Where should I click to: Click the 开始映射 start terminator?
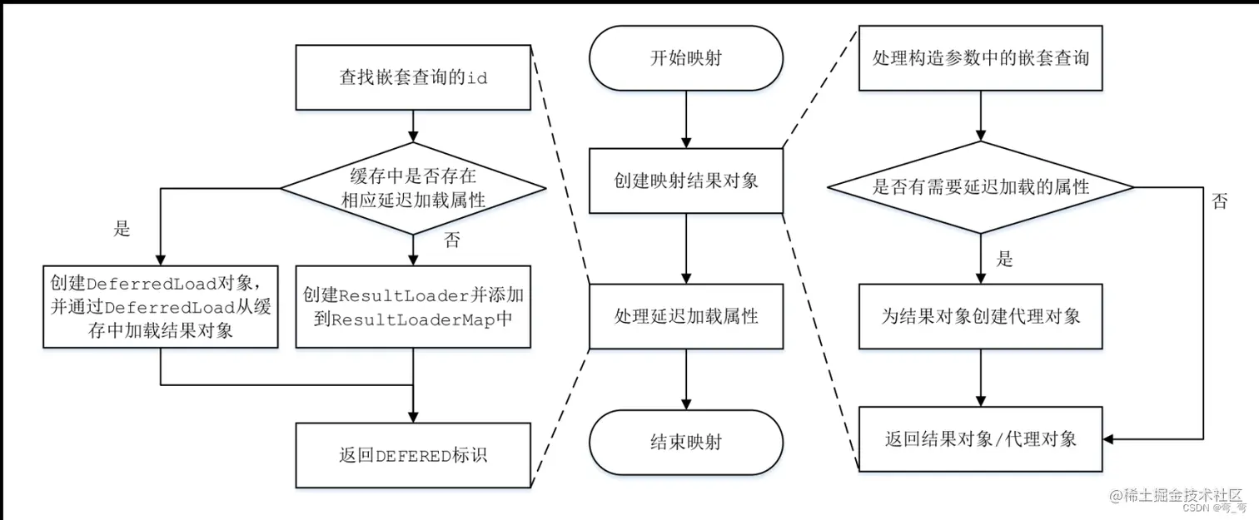pyautogui.click(x=686, y=58)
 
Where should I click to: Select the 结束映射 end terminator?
pyautogui.click(x=686, y=442)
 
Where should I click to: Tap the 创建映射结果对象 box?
pyautogui.click(x=686, y=181)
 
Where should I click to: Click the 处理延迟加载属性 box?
pyautogui.click(x=686, y=316)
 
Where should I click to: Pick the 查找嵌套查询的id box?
pyautogui.click(x=413, y=78)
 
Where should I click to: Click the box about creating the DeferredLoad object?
pyautogui.click(x=160, y=305)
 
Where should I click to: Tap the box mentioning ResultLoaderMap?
pyautogui.click(x=413, y=305)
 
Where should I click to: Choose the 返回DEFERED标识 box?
pyautogui.click(x=413, y=455)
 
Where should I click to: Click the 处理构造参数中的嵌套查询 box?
pyautogui.click(x=980, y=58)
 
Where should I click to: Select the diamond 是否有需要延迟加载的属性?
pyautogui.click(x=980, y=187)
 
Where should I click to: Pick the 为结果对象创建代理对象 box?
pyautogui.click(x=980, y=316)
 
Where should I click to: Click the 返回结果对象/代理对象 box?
pyautogui.click(x=980, y=438)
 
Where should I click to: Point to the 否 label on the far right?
pyautogui.click(x=1219, y=201)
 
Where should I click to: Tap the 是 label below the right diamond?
pyautogui.click(x=1005, y=259)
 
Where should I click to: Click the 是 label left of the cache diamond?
pyautogui.click(x=122, y=230)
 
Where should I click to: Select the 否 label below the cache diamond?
pyautogui.click(x=451, y=241)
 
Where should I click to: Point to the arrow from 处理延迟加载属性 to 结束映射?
pyautogui.click(x=686, y=379)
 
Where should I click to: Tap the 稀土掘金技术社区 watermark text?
pyautogui.click(x=1182, y=494)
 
